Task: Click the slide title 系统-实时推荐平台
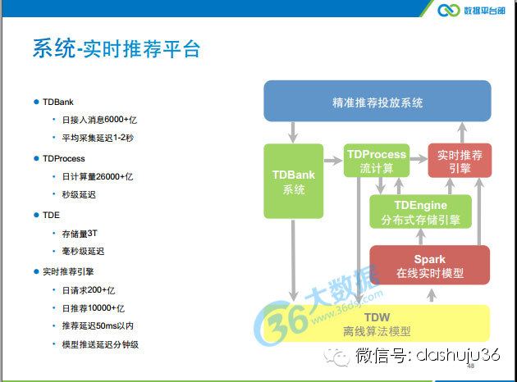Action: click(116, 48)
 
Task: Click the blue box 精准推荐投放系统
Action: click(377, 102)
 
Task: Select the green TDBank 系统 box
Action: click(293, 182)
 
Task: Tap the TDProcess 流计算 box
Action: click(377, 161)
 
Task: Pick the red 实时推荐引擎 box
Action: click(460, 161)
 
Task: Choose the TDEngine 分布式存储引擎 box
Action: click(421, 211)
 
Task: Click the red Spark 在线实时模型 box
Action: click(429, 264)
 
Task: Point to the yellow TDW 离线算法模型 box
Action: click(377, 324)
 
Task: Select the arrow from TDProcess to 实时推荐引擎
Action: click(419, 155)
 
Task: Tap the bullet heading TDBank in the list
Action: click(57, 102)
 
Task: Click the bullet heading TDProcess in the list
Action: click(63, 158)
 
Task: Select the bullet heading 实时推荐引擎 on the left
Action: click(69, 271)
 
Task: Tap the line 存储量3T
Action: click(80, 233)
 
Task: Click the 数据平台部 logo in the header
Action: click(473, 10)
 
